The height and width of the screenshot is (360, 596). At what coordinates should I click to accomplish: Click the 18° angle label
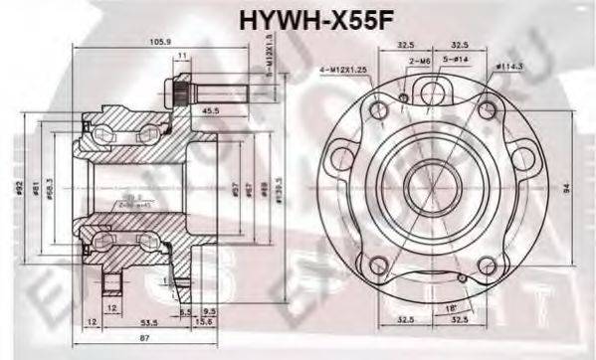coord(455,309)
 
